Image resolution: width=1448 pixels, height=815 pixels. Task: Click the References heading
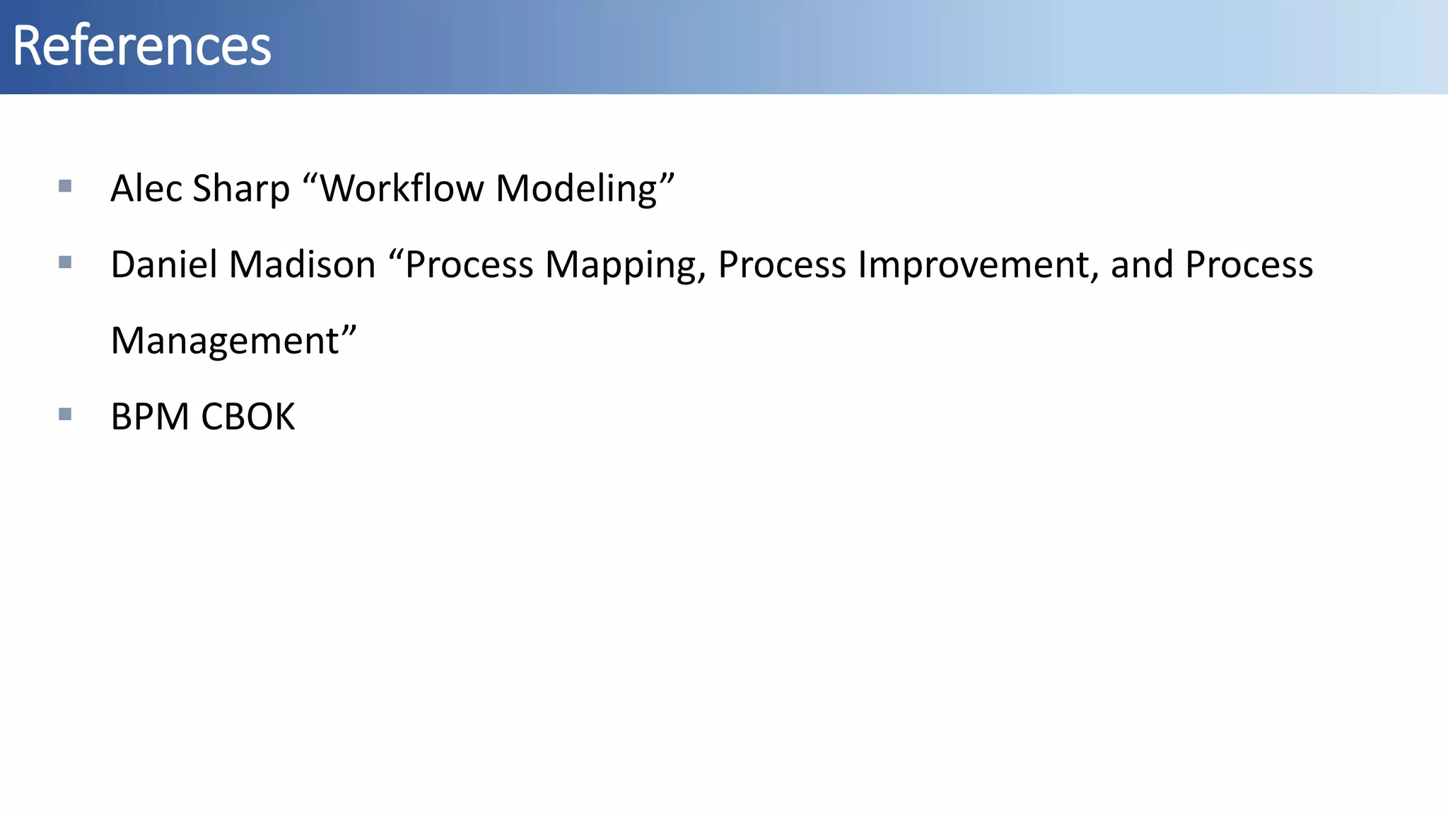tap(141, 46)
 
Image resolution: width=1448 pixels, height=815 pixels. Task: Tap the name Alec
tap(146, 189)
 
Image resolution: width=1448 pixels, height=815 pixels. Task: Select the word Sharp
tap(241, 189)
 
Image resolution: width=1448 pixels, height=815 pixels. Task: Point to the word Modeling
tap(576, 189)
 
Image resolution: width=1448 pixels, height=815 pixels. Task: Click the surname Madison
tap(302, 265)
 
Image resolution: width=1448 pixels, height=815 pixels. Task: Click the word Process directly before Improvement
tap(782, 265)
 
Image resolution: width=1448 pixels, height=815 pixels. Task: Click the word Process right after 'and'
tap(1249, 265)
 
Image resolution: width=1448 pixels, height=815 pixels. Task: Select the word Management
tap(225, 342)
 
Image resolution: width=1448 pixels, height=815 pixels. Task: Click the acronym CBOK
tap(247, 417)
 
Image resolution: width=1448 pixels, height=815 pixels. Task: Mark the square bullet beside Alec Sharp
tap(65, 186)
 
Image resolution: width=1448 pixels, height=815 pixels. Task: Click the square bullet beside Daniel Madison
tap(65, 262)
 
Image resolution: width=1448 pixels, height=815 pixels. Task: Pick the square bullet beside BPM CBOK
tap(65, 414)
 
